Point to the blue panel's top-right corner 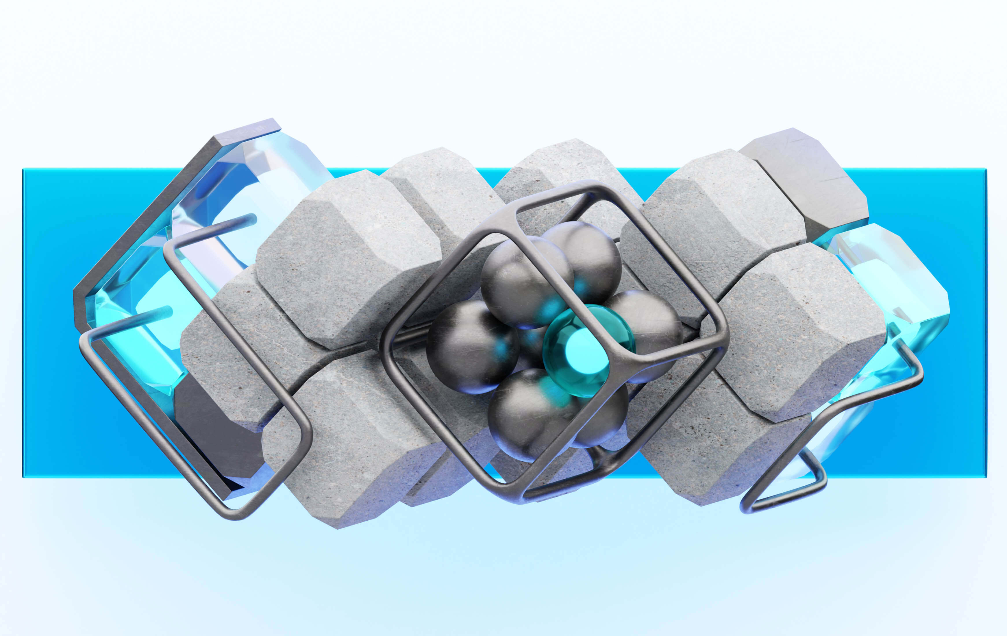click(x=986, y=170)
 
